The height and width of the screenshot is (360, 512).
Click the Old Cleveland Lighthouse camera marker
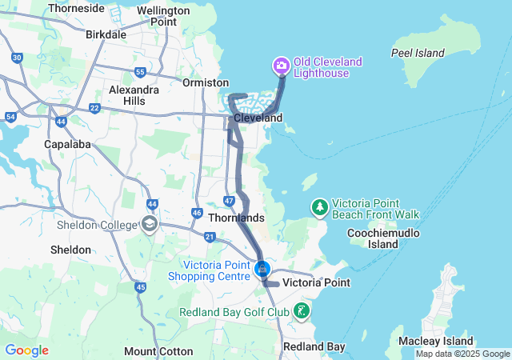point(281,65)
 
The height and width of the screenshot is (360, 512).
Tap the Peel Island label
point(417,53)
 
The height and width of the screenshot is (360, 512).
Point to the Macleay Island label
point(428,342)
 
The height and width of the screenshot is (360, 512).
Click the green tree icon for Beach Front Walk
point(320,208)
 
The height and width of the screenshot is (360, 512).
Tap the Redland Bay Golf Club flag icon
point(302,310)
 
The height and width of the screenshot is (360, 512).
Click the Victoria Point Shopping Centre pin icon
point(262,270)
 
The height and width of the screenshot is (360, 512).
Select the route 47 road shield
point(230,201)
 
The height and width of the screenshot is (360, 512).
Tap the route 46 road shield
point(197,213)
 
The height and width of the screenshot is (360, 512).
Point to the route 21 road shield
point(210,237)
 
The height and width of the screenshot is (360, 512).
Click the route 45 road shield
point(141,287)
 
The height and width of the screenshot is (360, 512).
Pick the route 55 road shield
point(141,73)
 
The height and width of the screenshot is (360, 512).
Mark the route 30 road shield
point(17,58)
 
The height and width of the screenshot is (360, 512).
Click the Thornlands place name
point(236,218)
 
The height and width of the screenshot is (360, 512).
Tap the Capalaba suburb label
point(67,145)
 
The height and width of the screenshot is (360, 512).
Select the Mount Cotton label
point(158,351)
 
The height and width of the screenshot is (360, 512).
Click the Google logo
point(26,350)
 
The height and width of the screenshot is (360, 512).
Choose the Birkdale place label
point(106,34)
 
